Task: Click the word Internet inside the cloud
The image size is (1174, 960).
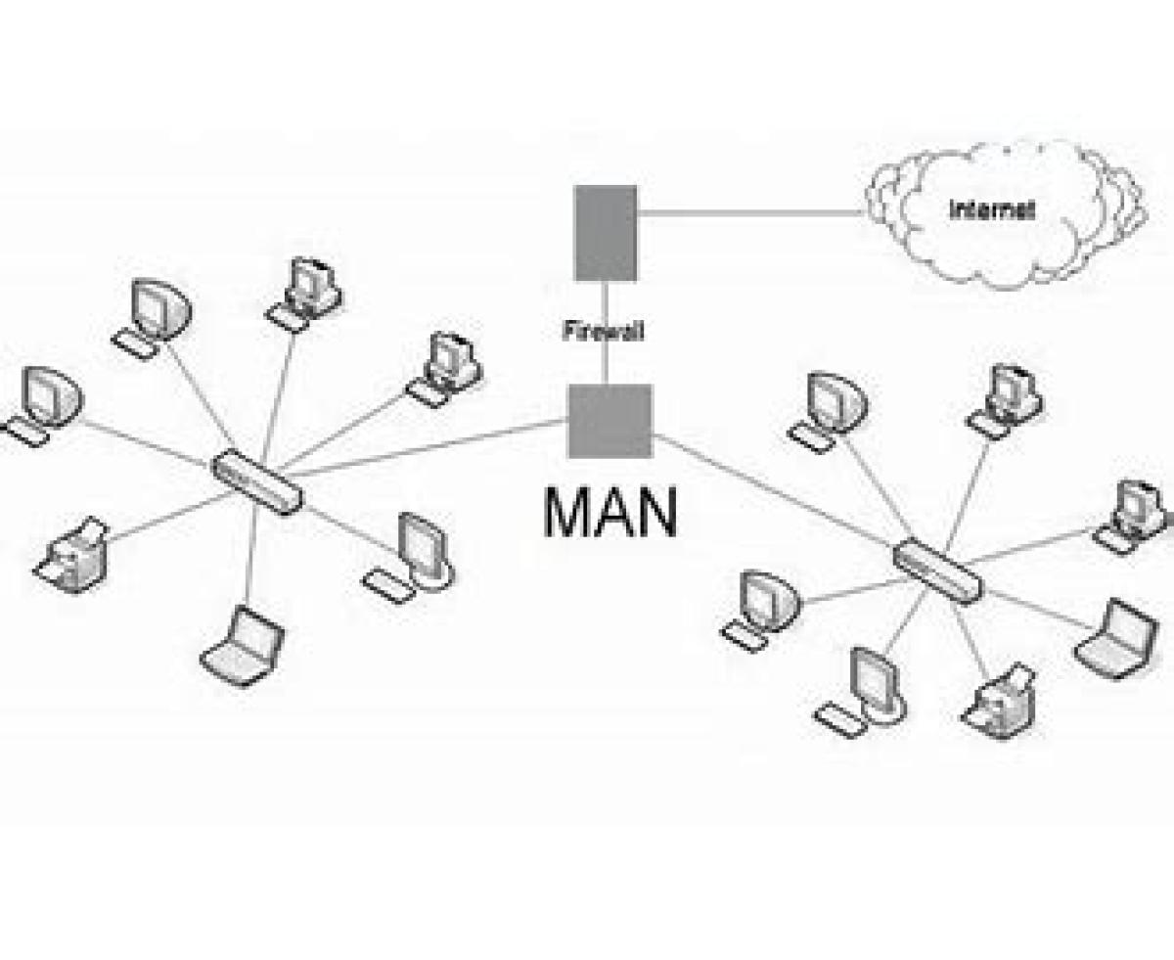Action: tap(991, 210)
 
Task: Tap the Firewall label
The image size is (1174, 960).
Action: tap(603, 331)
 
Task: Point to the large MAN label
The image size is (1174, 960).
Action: tap(610, 513)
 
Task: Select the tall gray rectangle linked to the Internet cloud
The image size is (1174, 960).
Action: tap(605, 233)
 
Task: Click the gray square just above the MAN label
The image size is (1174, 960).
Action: tap(610, 421)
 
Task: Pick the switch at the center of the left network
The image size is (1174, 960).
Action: tap(257, 482)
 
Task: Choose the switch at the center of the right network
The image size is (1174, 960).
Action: tap(938, 571)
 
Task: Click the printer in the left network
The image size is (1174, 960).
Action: tap(70, 555)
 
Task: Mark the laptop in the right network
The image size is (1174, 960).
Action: tap(1115, 639)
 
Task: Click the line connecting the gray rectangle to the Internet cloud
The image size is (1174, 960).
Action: tap(749, 212)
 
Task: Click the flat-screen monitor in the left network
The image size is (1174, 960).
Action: tap(410, 558)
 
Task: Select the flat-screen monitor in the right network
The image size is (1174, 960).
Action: tap(861, 693)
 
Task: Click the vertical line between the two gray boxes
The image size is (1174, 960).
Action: tap(605, 333)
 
